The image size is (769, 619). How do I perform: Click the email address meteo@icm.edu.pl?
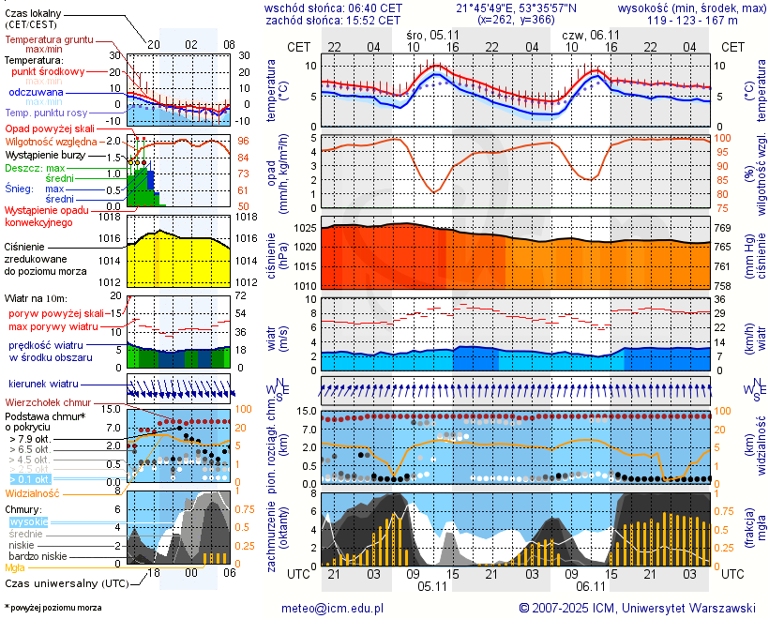(x=333, y=608)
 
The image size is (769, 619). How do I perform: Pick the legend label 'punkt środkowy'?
(x=49, y=71)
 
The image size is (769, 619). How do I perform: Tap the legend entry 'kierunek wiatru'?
(x=43, y=385)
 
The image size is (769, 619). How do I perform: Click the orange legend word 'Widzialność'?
(x=33, y=492)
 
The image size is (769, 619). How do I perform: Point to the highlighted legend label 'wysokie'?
(x=27, y=521)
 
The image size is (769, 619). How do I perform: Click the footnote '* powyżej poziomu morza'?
(x=53, y=608)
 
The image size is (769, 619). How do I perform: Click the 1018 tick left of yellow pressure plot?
(x=112, y=217)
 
